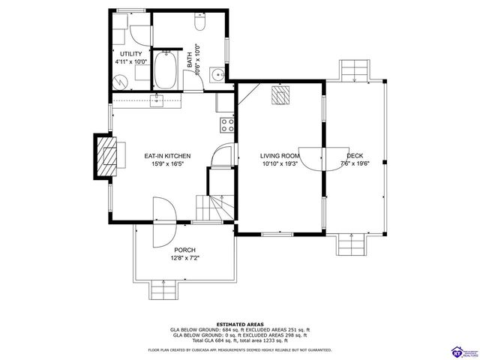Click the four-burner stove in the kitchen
tap(226, 124)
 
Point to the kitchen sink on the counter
tap(158, 100)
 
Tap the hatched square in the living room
tap(280, 94)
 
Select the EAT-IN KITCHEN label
tap(167, 156)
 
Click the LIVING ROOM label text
tap(280, 156)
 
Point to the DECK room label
tap(354, 156)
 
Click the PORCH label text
tap(184, 250)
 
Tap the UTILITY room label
tap(131, 55)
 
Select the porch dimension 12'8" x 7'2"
tap(184, 259)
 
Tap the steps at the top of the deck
tap(352, 70)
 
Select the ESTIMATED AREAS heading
tap(239, 322)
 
